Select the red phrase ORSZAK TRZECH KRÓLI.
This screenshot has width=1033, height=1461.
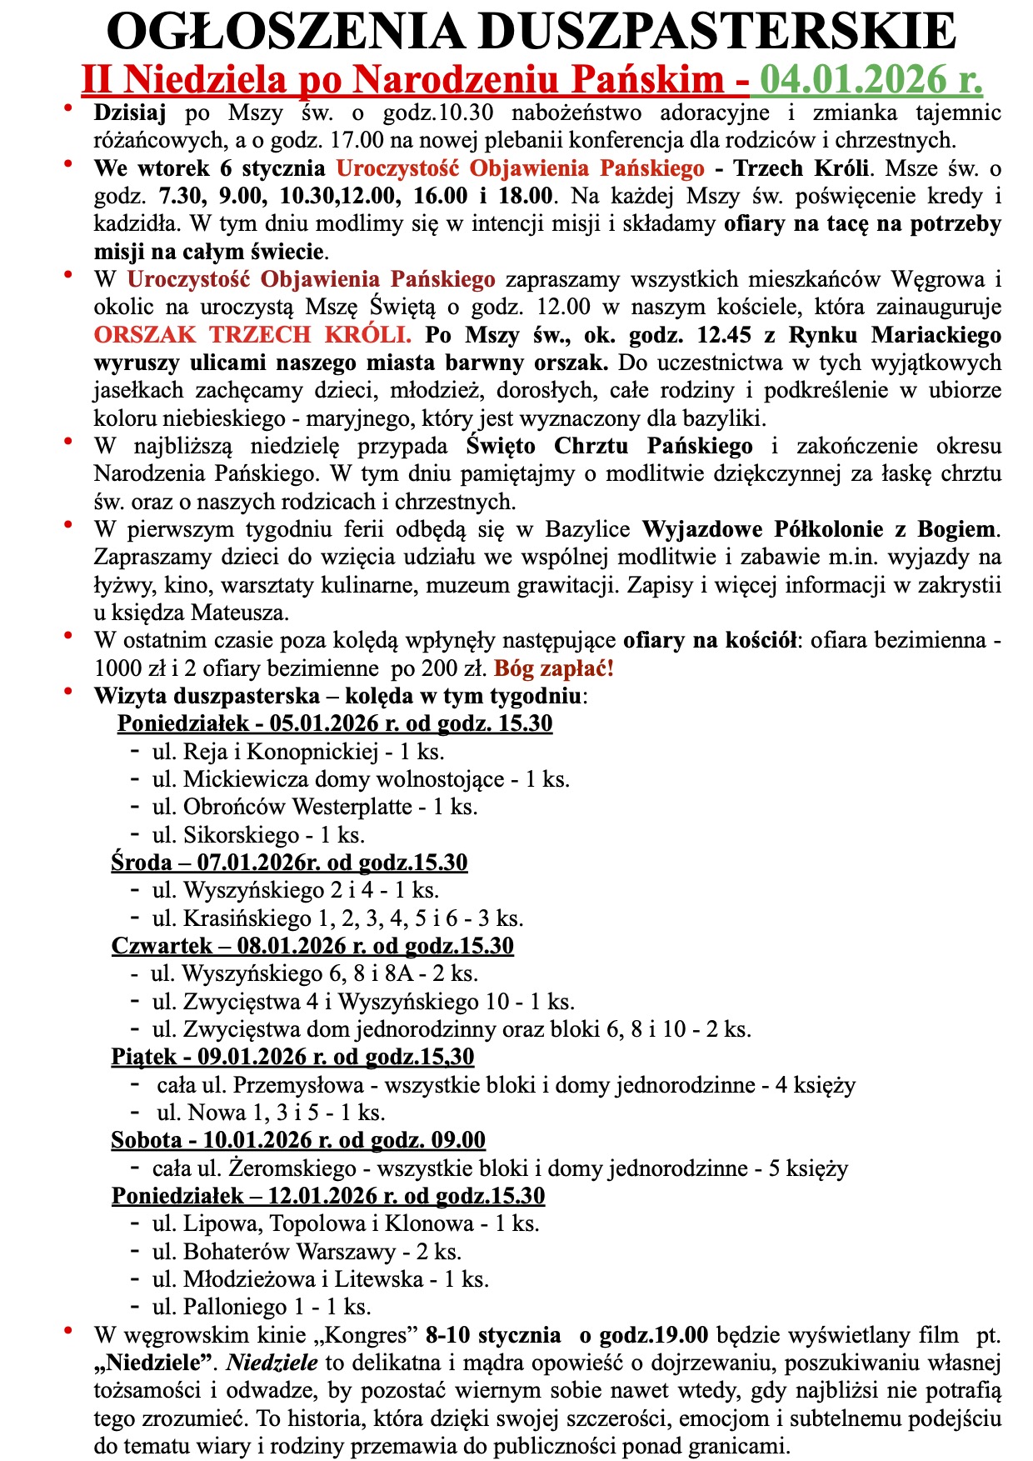(x=252, y=335)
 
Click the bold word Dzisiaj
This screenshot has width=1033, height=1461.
(x=131, y=113)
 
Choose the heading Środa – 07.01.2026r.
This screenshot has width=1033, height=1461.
(x=289, y=863)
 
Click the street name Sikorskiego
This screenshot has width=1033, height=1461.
(x=241, y=835)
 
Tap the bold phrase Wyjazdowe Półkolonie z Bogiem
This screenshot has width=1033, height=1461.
(x=819, y=529)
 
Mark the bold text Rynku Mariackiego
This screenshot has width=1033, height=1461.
(x=908, y=335)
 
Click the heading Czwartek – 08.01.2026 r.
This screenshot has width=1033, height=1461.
(x=312, y=946)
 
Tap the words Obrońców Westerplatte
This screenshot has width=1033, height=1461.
(x=297, y=807)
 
